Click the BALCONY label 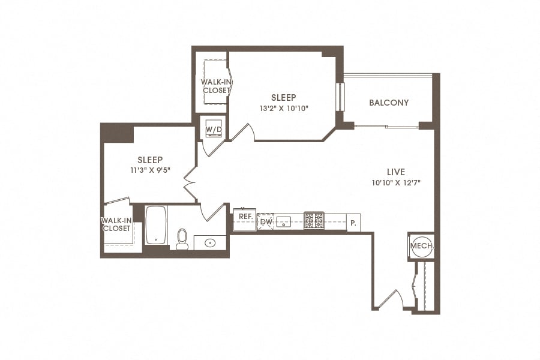tap(389, 103)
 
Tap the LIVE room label tap(396, 172)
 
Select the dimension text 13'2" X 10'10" tap(284, 109)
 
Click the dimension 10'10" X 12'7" tap(396, 183)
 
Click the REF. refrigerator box tap(245, 217)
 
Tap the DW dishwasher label tap(266, 222)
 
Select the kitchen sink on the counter tap(284, 222)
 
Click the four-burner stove tap(314, 220)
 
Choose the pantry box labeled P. tap(353, 222)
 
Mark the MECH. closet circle tap(421, 246)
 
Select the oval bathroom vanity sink tap(211, 243)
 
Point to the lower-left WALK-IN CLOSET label tap(116, 224)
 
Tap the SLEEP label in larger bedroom tap(284, 97)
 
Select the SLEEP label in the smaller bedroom tap(150, 160)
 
